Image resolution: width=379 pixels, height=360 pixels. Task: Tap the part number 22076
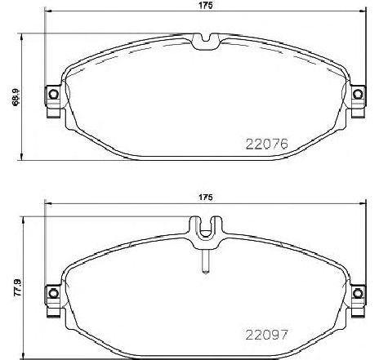click(x=267, y=146)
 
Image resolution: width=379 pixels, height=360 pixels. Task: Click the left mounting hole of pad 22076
click(x=53, y=96)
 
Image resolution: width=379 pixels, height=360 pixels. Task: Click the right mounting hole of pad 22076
click(x=358, y=96)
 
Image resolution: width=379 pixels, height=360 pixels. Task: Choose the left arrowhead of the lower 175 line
click(x=47, y=204)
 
